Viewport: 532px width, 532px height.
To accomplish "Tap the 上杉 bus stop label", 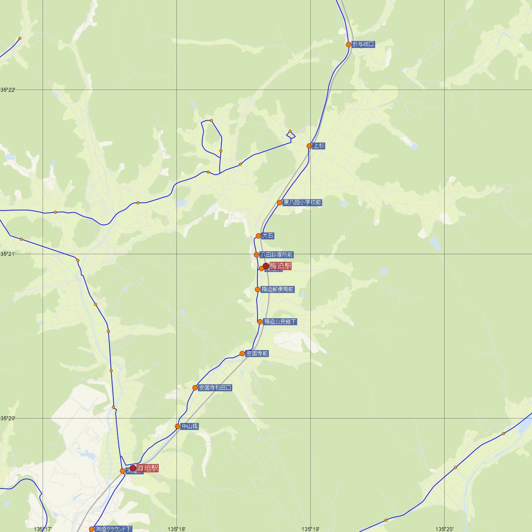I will coord(319,146).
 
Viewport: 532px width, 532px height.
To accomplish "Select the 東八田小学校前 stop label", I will coord(302,203).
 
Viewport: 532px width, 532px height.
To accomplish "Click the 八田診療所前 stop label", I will coord(277,255).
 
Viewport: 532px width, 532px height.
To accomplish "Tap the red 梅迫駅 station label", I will coord(281,266).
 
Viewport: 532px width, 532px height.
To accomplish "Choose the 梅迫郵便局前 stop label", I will coord(278,289).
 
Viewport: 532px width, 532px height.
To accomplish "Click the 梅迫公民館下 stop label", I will coord(280,321).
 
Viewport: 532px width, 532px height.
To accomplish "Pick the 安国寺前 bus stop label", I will coord(257,354).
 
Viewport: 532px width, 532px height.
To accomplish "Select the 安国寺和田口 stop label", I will coord(215,387).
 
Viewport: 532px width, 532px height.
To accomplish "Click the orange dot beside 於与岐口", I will coord(349,44).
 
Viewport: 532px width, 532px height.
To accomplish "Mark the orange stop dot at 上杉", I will coord(309,146).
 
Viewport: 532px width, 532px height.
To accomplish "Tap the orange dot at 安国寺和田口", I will coord(195,388).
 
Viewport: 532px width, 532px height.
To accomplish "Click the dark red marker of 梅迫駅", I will coord(266,266).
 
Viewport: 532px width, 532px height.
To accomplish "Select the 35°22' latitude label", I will coord(8,90).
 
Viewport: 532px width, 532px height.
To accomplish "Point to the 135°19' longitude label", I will coord(311,529).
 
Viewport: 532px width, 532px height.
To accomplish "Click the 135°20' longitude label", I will coord(445,529).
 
